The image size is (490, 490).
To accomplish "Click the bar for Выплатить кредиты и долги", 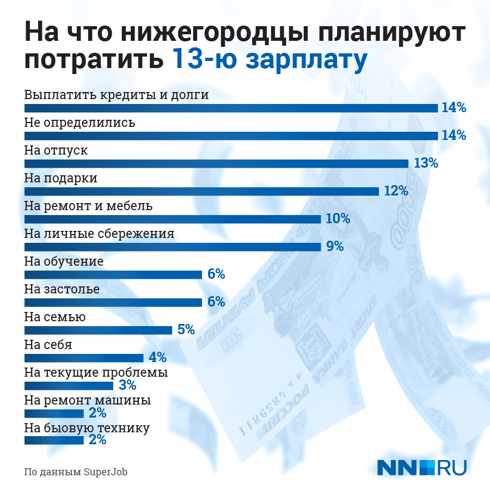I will [x=231, y=108].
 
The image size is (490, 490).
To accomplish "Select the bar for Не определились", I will [x=231, y=136].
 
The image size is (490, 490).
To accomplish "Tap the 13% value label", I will [x=426, y=163].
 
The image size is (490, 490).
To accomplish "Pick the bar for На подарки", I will [x=201, y=191].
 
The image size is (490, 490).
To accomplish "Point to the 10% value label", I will [x=338, y=219].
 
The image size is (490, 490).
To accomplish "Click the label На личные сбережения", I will [x=100, y=234].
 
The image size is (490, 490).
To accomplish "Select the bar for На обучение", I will [x=113, y=274].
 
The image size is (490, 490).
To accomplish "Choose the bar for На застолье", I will [x=113, y=302].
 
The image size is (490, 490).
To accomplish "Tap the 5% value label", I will [x=186, y=329].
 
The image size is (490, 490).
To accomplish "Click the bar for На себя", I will [x=84, y=358].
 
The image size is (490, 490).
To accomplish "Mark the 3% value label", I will [x=127, y=385].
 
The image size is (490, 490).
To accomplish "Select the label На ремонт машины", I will [x=88, y=401].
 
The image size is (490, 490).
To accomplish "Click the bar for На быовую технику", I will [x=54, y=440].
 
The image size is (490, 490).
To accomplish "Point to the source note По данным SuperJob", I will [x=76, y=471].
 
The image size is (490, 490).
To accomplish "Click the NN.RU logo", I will [x=422, y=468].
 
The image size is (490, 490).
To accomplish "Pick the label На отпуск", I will [x=56, y=151].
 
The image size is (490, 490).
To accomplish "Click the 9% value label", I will [x=335, y=247].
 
